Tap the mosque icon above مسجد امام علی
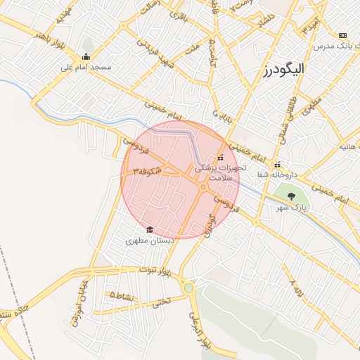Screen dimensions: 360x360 86,57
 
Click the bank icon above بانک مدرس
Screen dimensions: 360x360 342,35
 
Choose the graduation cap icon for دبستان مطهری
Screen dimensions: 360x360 149,229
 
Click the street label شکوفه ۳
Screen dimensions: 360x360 146,171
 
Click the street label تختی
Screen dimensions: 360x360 161,301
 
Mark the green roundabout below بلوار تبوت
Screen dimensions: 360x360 188,288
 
